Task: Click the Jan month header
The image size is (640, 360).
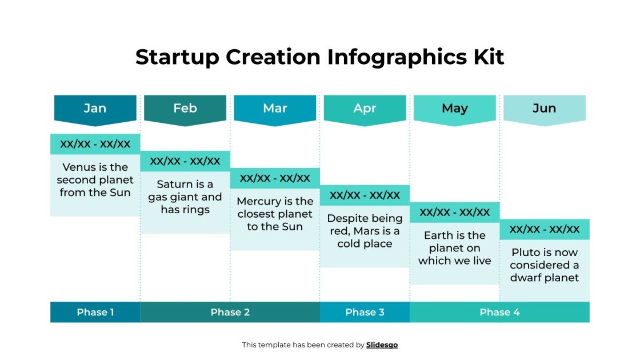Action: click(x=95, y=108)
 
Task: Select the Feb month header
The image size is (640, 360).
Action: click(x=185, y=108)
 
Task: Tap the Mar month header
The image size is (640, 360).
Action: click(x=275, y=108)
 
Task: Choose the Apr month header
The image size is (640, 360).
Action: click(x=365, y=108)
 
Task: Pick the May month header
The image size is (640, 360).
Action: click(x=455, y=108)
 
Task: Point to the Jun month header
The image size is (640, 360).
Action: click(x=544, y=108)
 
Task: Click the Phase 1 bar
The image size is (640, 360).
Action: click(x=95, y=312)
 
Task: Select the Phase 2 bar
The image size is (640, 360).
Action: click(x=230, y=312)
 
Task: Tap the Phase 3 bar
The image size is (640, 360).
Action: click(x=365, y=312)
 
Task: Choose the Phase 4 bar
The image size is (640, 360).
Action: click(x=499, y=312)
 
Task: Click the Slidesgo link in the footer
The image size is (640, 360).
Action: click(x=382, y=345)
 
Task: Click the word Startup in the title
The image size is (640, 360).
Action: click(x=177, y=57)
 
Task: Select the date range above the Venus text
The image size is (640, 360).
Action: click(x=95, y=144)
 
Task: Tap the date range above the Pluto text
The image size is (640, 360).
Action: click(x=545, y=230)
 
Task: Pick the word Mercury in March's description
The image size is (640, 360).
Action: click(x=259, y=201)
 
